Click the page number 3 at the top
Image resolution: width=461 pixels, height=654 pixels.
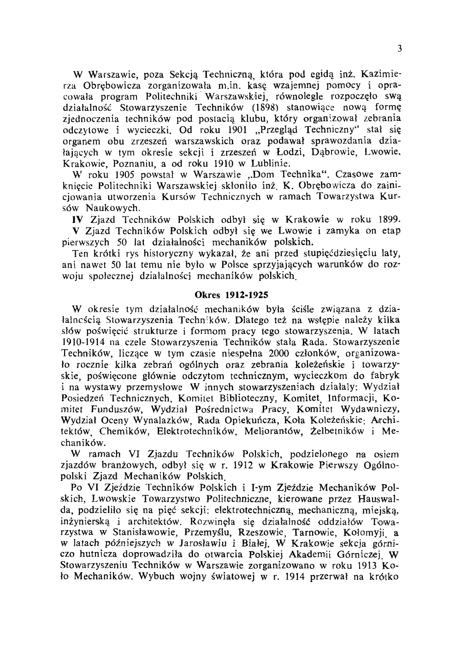tap(400, 48)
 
